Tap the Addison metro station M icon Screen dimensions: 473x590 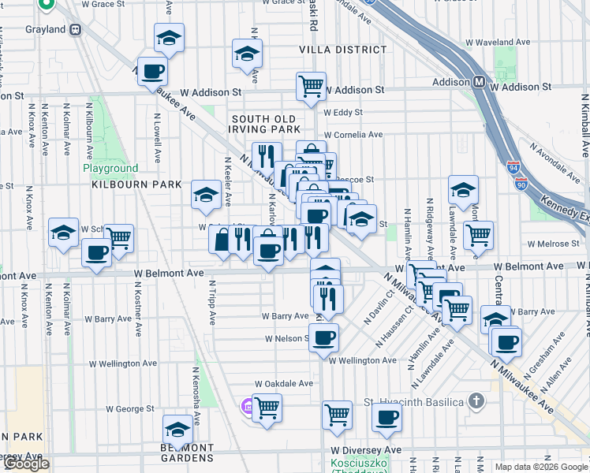479,82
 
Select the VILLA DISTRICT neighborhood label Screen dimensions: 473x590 343,50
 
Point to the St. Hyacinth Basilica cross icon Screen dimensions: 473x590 475,401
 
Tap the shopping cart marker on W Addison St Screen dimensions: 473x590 311,86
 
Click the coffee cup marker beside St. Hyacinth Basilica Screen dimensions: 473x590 386,417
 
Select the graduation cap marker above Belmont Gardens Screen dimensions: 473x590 177,430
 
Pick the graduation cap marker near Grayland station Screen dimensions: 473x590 168,38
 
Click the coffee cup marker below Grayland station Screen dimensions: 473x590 152,72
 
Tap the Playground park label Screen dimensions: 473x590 110,168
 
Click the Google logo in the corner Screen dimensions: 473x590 25,464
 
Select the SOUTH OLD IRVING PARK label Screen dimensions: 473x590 265,124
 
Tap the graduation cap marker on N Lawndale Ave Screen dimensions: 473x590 463,189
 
